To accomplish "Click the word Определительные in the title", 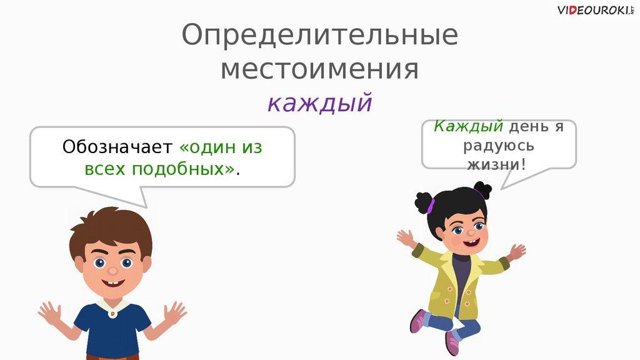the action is pyautogui.click(x=319, y=36).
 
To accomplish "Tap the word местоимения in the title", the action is pyautogui.click(x=319, y=69).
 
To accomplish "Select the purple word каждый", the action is pyautogui.click(x=320, y=103).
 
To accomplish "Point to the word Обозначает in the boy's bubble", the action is pyautogui.click(x=117, y=147).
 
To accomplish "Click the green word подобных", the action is pyautogui.click(x=184, y=169).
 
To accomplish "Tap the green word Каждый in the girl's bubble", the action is pyautogui.click(x=468, y=126).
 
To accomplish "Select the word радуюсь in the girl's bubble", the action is pyautogui.click(x=499, y=146).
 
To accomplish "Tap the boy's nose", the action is pyautogui.click(x=112, y=271).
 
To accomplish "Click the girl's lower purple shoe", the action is pyautogui.click(x=452, y=344).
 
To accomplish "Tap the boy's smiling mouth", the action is pyautogui.click(x=114, y=282).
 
